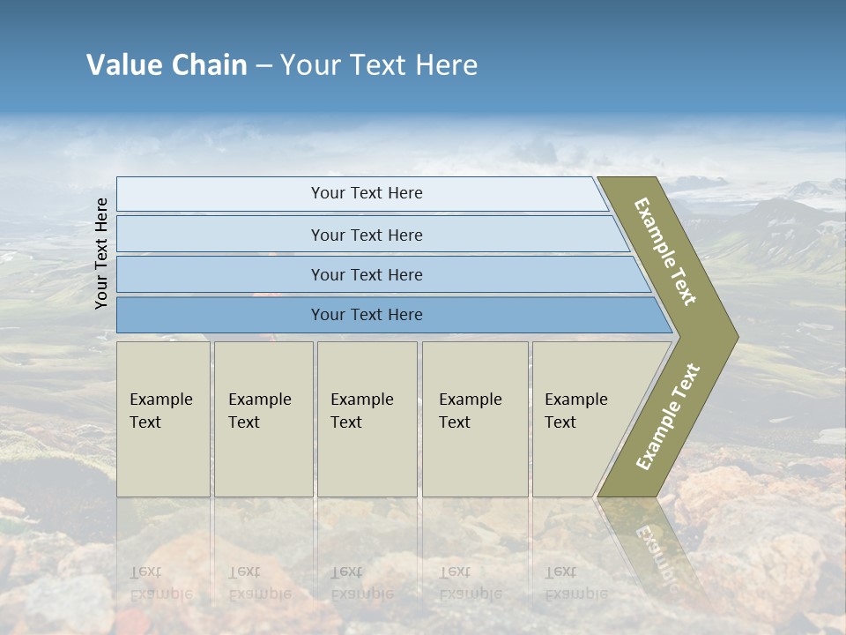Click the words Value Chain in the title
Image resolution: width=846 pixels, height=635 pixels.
point(167,65)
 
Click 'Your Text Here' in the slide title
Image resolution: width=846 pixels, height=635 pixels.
point(379,65)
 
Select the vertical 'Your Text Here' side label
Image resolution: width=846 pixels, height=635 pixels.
point(101,253)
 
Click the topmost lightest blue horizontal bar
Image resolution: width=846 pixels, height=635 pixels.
point(366,193)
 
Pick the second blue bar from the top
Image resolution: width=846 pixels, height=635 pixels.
point(366,235)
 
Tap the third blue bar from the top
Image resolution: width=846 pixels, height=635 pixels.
point(366,274)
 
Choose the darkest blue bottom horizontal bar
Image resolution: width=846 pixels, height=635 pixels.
point(366,315)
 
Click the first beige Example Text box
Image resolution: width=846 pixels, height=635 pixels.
point(163,419)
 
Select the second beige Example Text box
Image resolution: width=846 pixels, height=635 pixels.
point(263,419)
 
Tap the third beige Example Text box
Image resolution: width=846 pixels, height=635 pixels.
point(367,419)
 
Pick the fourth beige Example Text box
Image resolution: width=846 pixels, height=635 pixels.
point(474,419)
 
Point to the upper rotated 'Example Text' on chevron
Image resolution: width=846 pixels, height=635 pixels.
point(665,251)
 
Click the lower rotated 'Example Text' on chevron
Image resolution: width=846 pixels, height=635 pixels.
point(668,417)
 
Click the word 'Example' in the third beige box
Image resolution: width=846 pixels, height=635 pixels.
point(361,400)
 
